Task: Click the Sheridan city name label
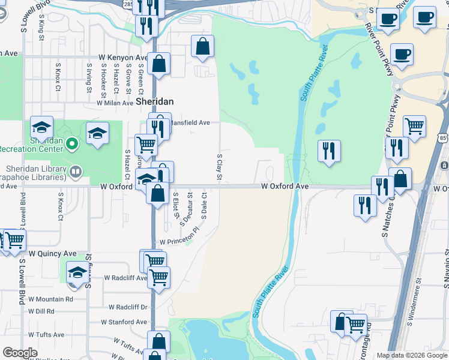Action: pyautogui.click(x=154, y=102)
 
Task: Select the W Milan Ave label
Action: pyautogui.click(x=115, y=103)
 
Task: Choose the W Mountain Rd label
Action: pyautogui.click(x=50, y=299)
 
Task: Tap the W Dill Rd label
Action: pyautogui.click(x=42, y=311)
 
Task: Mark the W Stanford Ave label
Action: pyautogui.click(x=124, y=322)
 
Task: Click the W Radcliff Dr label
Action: pyautogui.click(x=127, y=307)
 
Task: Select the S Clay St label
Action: pyautogui.click(x=220, y=168)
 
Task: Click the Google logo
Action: pyautogui.click(x=20, y=353)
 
